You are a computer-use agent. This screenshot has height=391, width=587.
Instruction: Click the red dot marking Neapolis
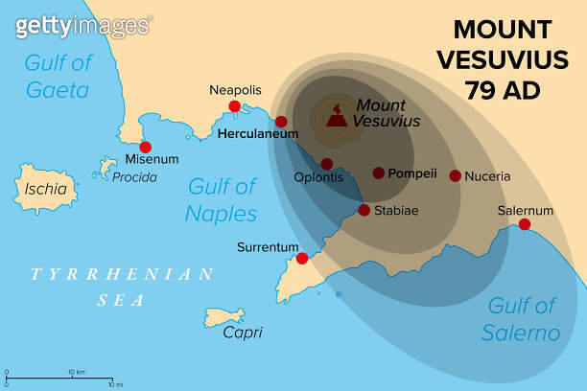[x=234, y=106]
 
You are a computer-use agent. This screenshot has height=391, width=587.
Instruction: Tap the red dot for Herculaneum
[x=281, y=122]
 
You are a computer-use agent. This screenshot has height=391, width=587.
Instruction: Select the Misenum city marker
[x=145, y=148]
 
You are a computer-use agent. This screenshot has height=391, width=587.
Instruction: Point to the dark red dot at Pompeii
[x=378, y=173]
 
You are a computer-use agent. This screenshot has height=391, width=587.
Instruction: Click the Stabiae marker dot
[x=364, y=210]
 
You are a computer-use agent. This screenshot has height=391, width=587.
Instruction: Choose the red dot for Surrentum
[x=302, y=258]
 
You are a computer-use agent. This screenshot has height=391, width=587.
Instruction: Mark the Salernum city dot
[x=525, y=224]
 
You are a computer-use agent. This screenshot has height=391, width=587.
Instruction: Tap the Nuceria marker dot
[x=455, y=175]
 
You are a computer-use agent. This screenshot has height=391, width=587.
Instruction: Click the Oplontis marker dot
[x=327, y=164]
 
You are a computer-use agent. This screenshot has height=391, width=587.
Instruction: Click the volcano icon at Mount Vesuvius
[x=337, y=119]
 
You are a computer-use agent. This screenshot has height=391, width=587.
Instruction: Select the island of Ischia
[x=47, y=189]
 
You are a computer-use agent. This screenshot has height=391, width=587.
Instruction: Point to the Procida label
[x=134, y=177]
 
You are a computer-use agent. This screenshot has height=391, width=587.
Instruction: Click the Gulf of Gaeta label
[x=57, y=78]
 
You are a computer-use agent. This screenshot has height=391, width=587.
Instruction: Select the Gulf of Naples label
[x=222, y=199]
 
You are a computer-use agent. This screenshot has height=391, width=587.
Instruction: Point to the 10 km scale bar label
[x=76, y=371]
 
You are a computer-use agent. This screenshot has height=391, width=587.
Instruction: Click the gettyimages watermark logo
[x=82, y=26]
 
